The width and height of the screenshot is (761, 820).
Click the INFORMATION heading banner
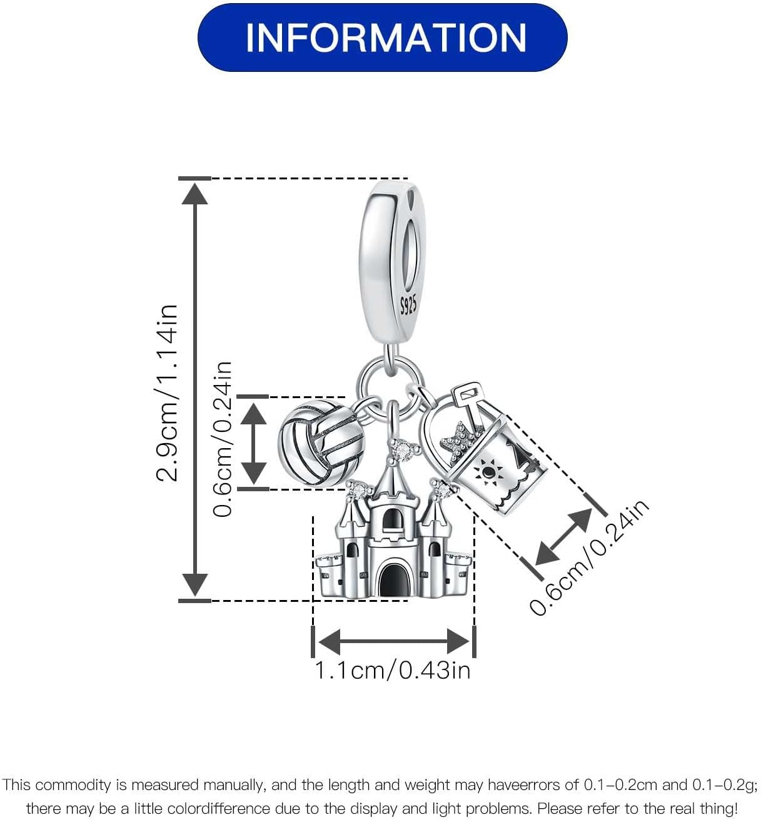pos(382,37)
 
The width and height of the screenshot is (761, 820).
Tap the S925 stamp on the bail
pos(408,305)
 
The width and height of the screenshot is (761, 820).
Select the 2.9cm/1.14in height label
pos(167,393)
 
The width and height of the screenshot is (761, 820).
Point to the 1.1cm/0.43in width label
pos(393,670)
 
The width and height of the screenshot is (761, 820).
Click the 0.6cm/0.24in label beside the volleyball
pos(222,439)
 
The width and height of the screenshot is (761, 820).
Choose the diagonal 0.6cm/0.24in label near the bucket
pos(590,558)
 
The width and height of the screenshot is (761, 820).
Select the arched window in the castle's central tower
pos(392,521)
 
